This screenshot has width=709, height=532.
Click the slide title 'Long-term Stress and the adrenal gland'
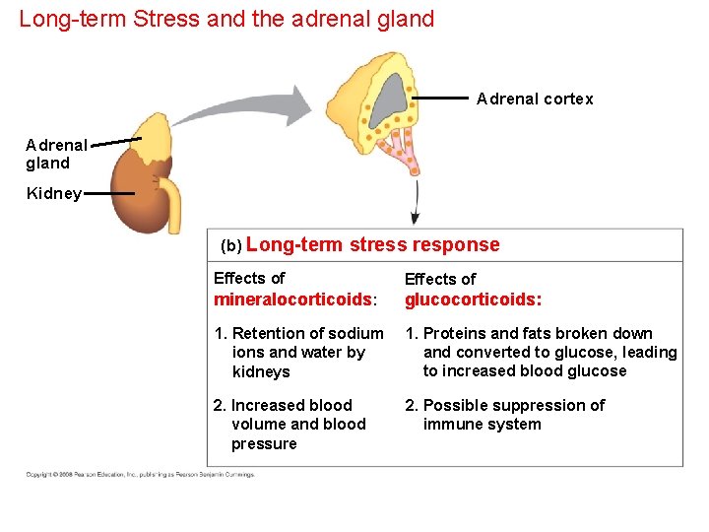pos(226,19)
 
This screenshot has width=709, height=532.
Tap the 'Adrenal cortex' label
pos(535,99)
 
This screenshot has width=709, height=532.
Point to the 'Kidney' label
pos(54,194)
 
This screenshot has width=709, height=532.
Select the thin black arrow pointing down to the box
pos(415,203)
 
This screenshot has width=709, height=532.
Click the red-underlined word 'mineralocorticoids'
pos(291,299)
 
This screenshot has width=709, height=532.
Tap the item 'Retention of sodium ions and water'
pos(299,353)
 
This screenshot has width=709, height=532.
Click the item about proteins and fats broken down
pos(541,353)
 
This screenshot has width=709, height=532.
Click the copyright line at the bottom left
pos(140,475)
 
